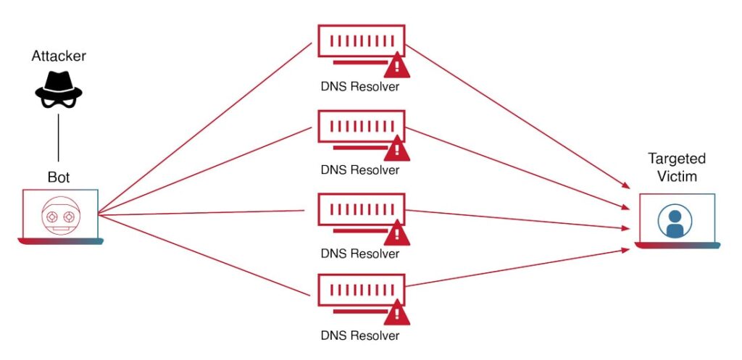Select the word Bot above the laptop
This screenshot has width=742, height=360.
pos(59,177)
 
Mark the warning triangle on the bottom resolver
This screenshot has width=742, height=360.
pos(396,315)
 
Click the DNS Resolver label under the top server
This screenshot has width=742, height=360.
pos(360,88)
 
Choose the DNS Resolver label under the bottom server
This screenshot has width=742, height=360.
pos(360,336)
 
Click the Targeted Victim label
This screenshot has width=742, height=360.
pos(677,167)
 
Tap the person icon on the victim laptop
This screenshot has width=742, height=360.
pos(675,221)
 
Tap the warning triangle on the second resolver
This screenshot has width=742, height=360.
pos(396,150)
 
